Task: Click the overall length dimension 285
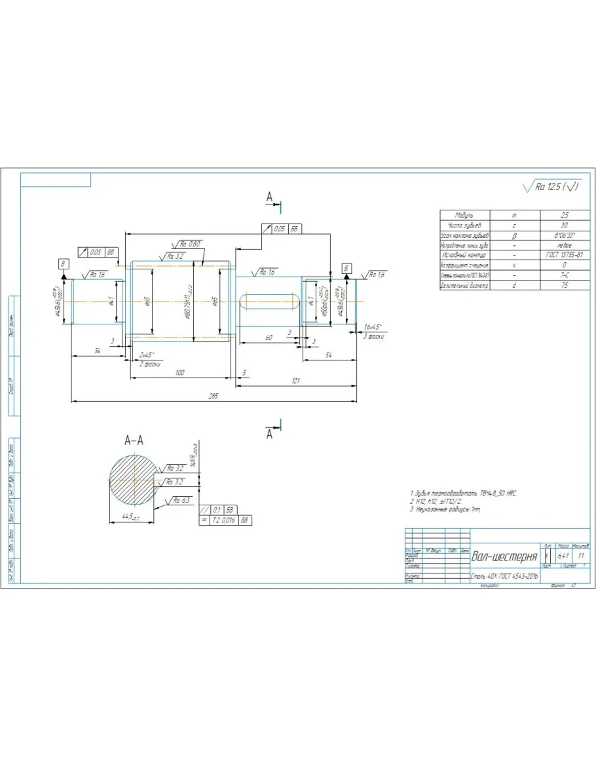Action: point(213,396)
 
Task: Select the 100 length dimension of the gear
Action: point(179,372)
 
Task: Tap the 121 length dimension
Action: point(295,380)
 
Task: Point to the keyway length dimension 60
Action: point(268,337)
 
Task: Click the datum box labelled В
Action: point(64,263)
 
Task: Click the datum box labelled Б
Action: point(346,269)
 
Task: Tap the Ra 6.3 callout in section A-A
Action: point(183,500)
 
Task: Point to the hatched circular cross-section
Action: point(132,481)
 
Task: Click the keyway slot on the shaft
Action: point(269,301)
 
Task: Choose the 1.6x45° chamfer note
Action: point(373,326)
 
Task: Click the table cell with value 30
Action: point(565,225)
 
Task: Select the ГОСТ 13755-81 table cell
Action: point(565,255)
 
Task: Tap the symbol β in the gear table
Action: point(514,235)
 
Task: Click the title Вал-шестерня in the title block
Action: point(504,556)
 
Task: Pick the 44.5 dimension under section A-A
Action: point(128,516)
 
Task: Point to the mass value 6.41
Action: point(563,556)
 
